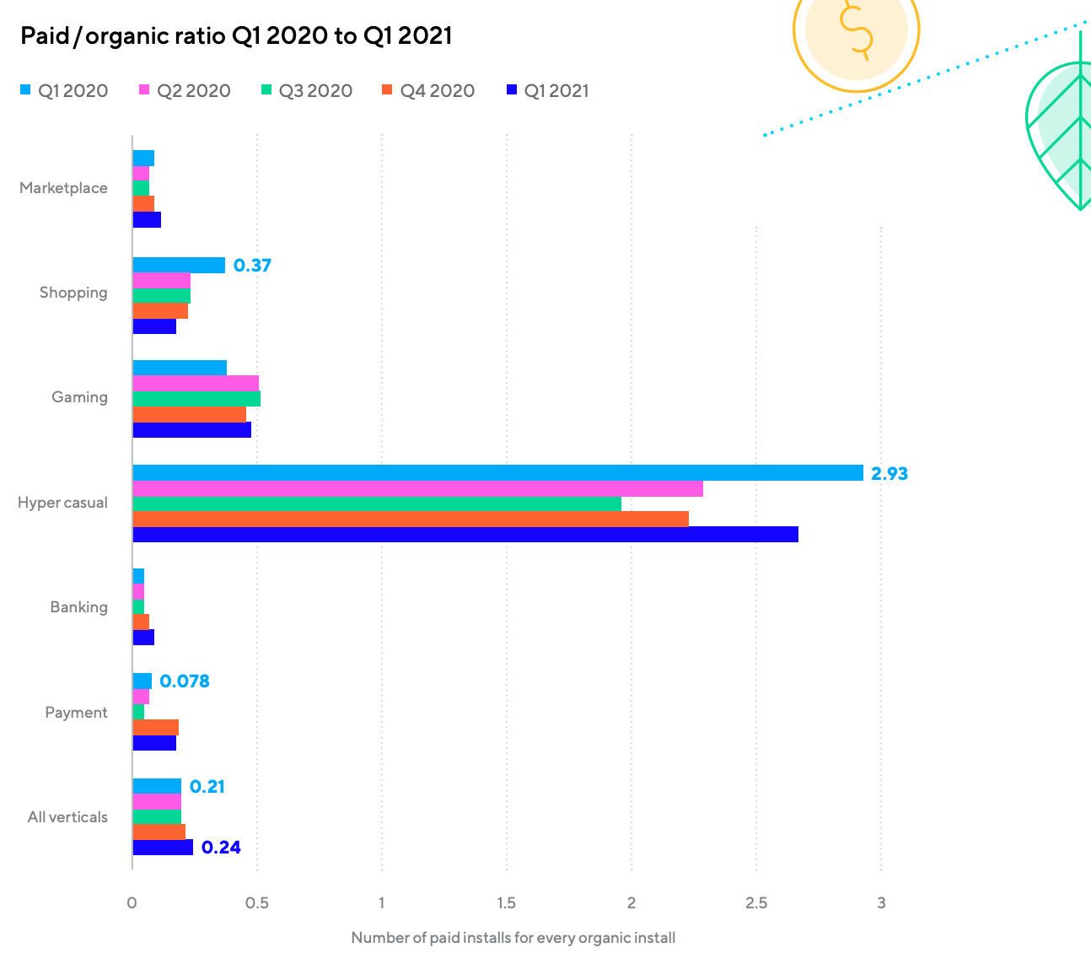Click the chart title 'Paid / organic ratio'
[236, 36]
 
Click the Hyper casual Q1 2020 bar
[497, 473]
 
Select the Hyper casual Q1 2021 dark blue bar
[465, 535]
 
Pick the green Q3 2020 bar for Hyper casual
[377, 503]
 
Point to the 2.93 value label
[889, 474]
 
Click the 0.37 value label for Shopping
[252, 266]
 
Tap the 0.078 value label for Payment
[184, 681]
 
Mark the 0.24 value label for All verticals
[221, 848]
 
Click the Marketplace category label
[63, 188]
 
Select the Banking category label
[78, 607]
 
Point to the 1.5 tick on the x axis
[506, 903]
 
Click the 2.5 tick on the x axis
[756, 903]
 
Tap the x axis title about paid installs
[513, 938]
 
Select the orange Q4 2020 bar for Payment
[155, 728]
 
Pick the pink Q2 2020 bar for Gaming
[196, 383]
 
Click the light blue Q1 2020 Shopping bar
[179, 266]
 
